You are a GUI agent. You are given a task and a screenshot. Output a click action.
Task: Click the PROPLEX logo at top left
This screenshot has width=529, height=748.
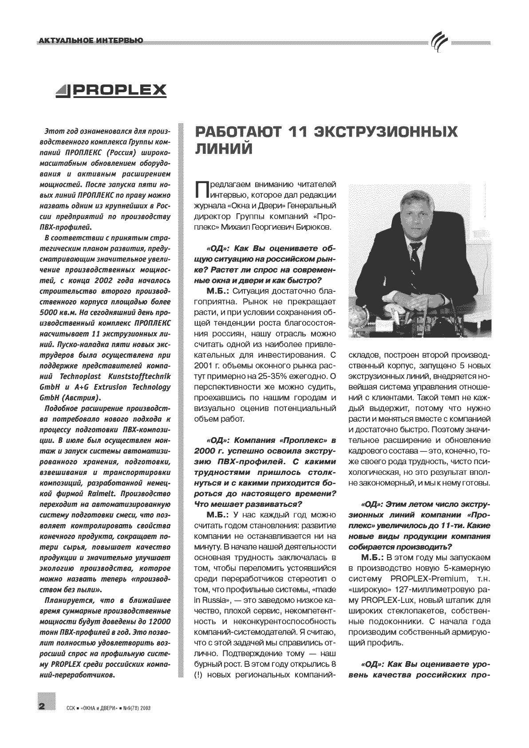(111, 90)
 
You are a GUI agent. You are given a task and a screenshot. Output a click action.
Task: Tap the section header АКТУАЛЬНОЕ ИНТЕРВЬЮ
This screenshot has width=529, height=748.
(91, 41)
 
